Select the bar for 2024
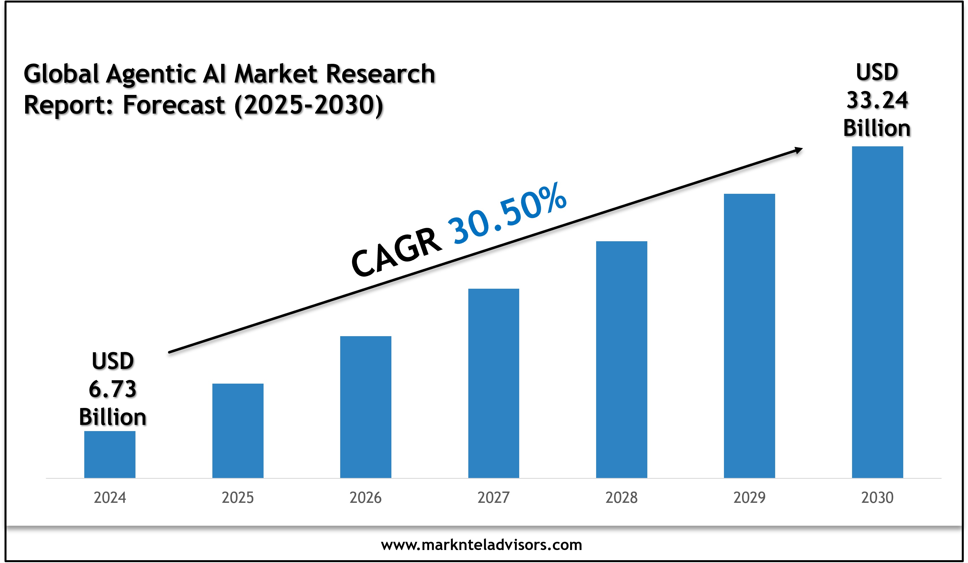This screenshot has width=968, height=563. point(109,455)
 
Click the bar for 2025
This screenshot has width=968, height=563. point(238,431)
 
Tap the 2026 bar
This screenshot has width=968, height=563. point(366,407)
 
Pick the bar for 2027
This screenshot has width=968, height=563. point(493,383)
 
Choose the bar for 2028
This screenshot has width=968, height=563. point(622,359)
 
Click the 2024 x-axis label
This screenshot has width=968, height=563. point(110,498)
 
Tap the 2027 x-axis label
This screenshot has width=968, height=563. point(493,498)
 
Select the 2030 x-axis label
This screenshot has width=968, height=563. point(877,498)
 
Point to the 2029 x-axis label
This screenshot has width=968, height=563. point(749,498)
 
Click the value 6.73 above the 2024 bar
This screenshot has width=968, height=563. point(113,389)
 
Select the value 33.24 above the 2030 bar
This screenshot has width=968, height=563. point(877,101)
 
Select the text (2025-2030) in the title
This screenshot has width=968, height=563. point(309,105)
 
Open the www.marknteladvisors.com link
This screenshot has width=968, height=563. point(481,545)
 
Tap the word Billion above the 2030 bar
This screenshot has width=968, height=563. point(877,128)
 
